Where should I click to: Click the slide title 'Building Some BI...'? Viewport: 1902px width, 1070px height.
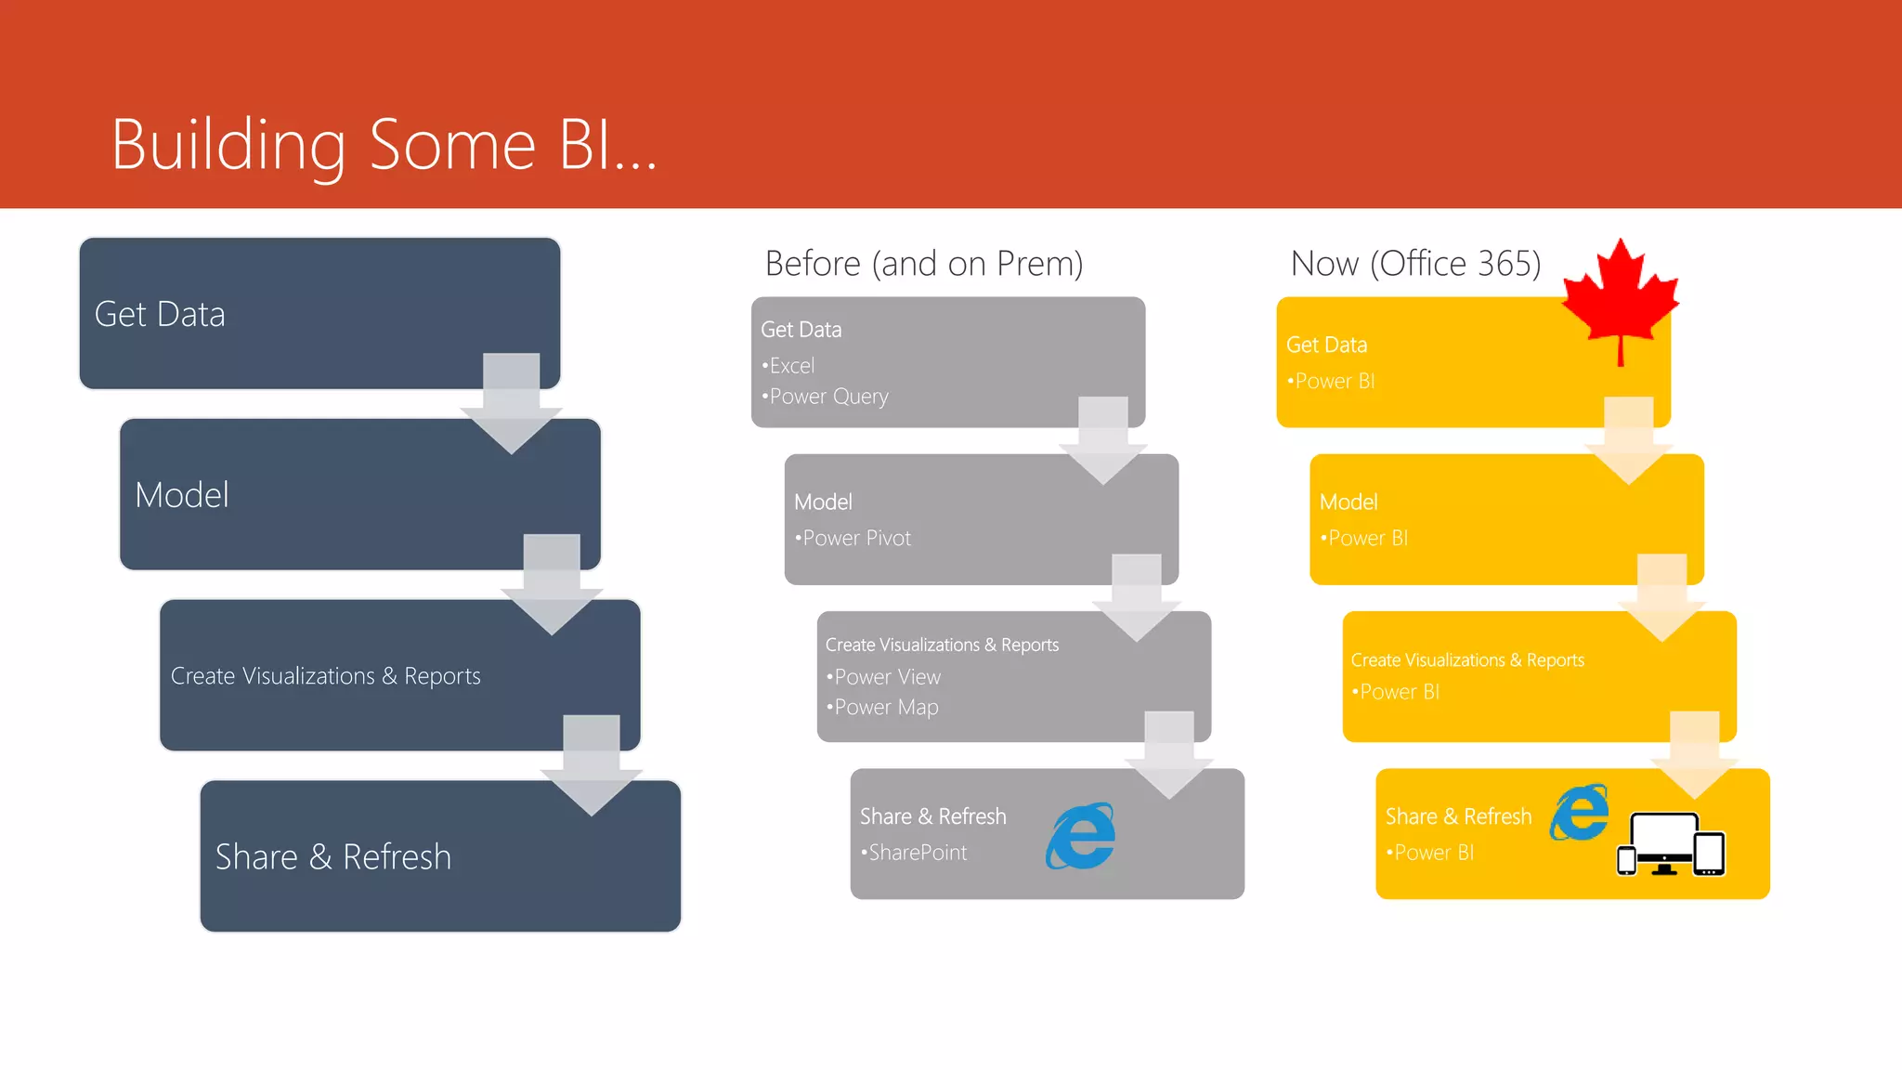(384, 145)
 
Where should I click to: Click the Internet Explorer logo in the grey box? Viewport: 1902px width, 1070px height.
(1081, 836)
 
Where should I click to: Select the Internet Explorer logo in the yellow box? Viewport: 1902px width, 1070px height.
(1579, 812)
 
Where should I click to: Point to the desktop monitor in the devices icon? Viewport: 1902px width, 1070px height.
(1664, 841)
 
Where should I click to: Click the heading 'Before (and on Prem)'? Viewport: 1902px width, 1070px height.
(924, 264)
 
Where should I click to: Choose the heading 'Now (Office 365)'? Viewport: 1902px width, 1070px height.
(1415, 264)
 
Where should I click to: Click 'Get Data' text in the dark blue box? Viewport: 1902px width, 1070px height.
(160, 315)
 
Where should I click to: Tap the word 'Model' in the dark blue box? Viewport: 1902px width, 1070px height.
(182, 495)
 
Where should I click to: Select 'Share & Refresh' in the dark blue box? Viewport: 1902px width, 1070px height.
(333, 856)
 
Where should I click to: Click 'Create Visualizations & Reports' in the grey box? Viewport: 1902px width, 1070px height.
(942, 645)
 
